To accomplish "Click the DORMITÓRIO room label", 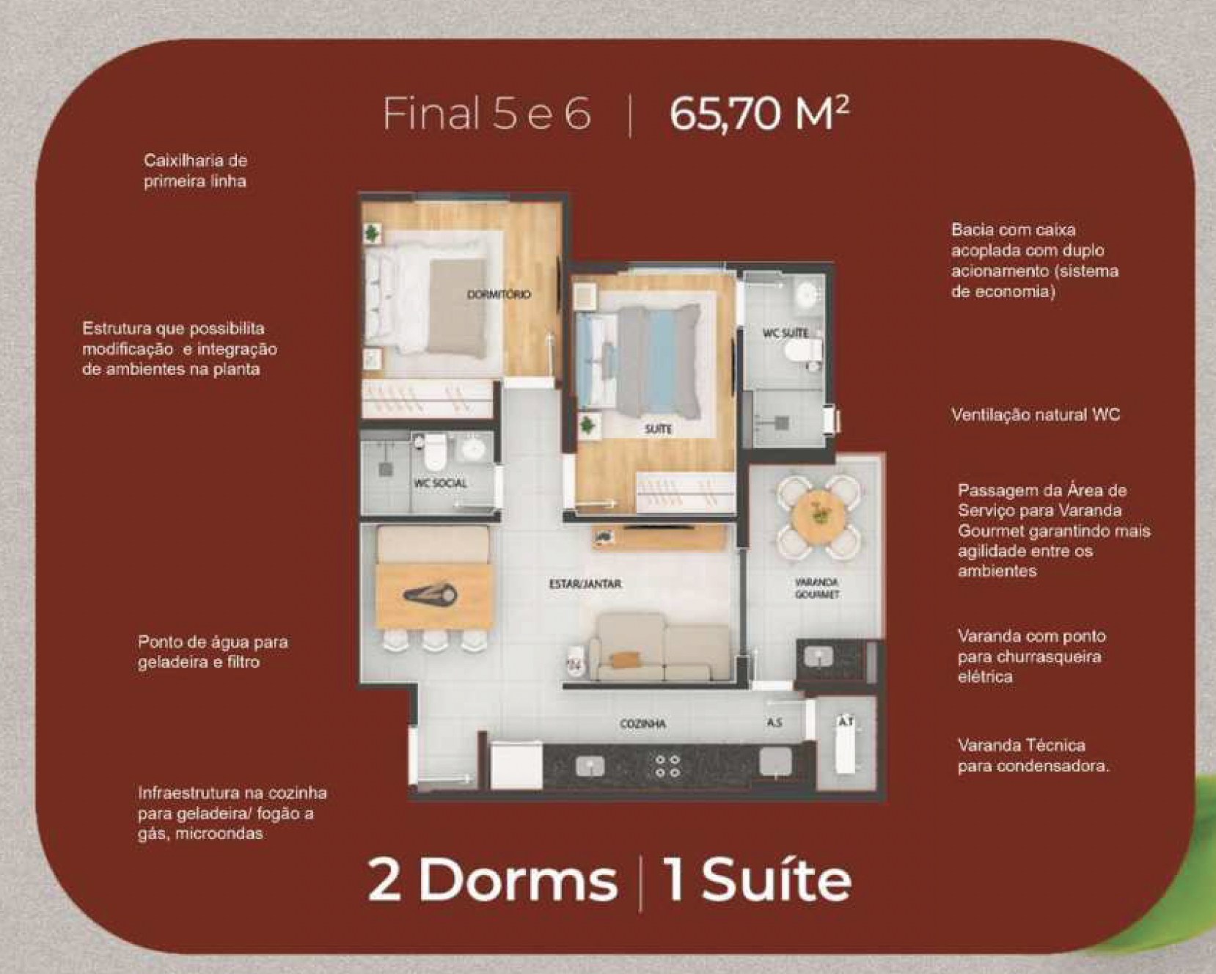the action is click(499, 295).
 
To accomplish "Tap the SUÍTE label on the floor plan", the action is click(658, 429).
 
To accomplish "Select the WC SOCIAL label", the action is click(440, 483).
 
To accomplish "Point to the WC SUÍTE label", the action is click(785, 333).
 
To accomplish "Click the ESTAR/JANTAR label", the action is click(585, 584).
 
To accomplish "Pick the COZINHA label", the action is click(642, 724).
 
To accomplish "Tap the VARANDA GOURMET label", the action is click(817, 588).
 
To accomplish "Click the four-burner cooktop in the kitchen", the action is click(667, 766).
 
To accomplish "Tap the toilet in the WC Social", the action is click(434, 452).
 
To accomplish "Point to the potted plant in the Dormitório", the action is click(373, 234).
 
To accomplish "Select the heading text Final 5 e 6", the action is click(487, 114).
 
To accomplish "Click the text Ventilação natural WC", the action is click(1036, 415).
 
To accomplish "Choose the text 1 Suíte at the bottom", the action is click(757, 879).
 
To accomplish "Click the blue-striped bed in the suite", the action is click(638, 360).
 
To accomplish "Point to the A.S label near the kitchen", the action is click(774, 722).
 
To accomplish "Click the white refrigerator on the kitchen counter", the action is click(516, 766).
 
